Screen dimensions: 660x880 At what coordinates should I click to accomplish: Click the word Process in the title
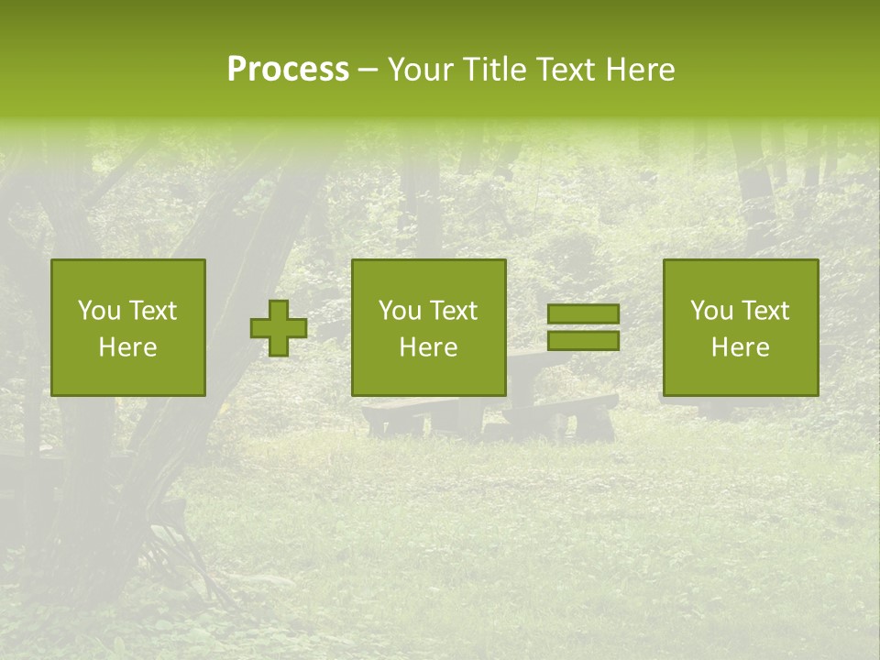pos(288,70)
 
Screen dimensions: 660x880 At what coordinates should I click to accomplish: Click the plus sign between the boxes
pos(279,328)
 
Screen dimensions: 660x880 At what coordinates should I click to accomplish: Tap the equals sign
pos(583,327)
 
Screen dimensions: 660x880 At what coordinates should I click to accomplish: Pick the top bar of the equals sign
pos(583,314)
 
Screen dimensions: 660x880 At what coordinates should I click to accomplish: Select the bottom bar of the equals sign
pos(583,340)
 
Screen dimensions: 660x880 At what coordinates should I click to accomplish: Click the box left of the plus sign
pos(128,327)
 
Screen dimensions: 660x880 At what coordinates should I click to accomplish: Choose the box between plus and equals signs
pos(429,327)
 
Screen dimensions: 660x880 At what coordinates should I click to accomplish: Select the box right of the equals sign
pos(741,327)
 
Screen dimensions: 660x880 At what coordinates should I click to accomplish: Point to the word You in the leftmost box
pos(98,311)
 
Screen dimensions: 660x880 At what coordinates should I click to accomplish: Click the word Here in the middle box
pos(429,347)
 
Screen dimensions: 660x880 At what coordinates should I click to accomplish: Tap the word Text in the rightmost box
pos(764,311)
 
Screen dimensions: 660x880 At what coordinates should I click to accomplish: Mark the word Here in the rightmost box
pos(741,347)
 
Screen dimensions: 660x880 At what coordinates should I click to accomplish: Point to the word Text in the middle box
pos(453,311)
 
